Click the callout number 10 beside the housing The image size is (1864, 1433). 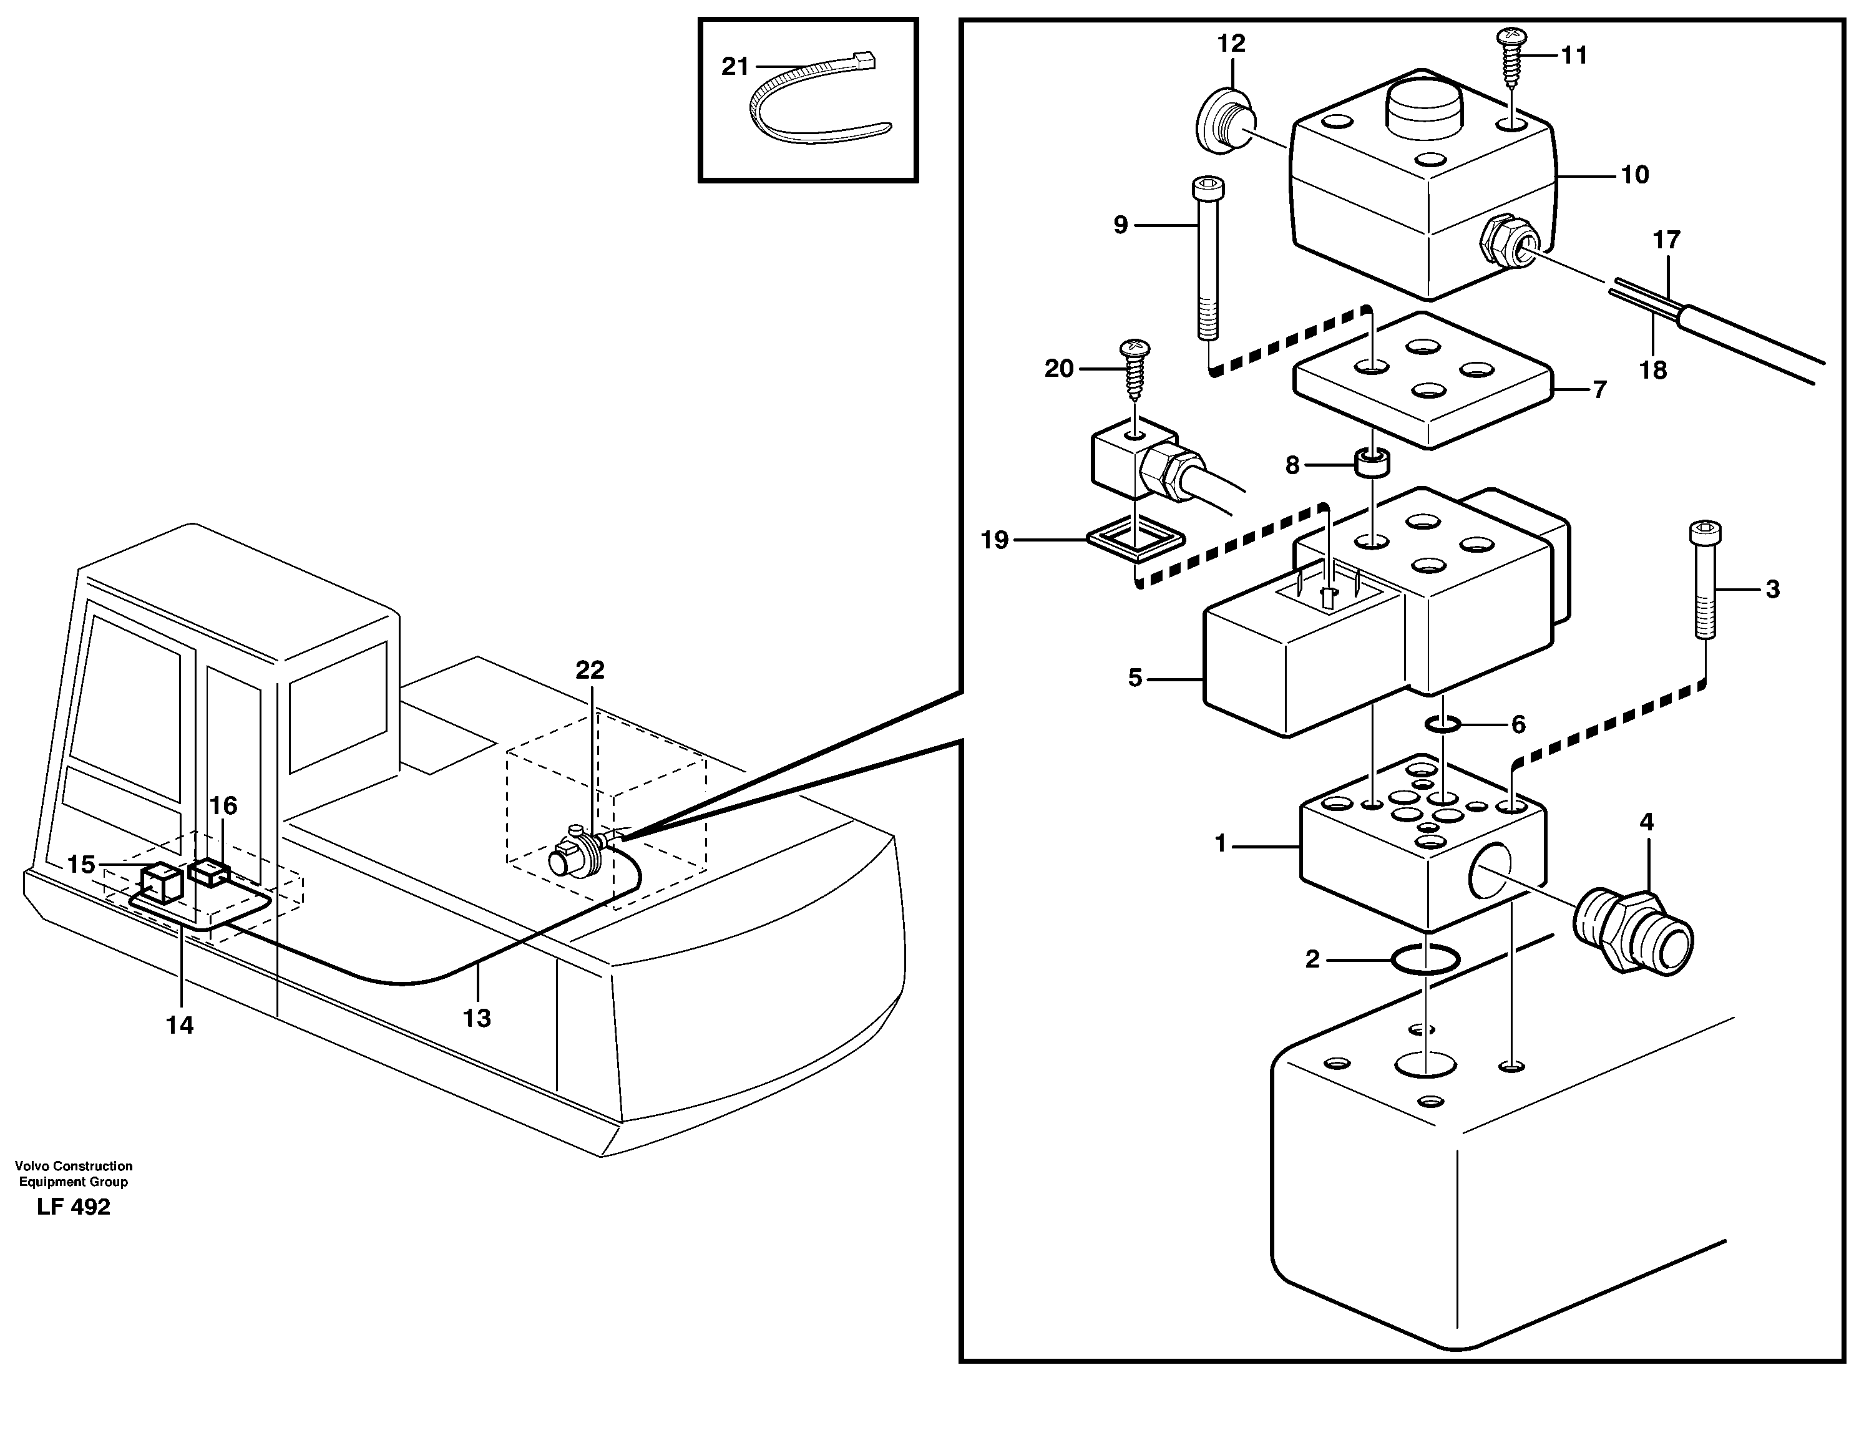1634,175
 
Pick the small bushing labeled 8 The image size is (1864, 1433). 1372,465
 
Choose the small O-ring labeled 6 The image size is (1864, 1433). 1443,725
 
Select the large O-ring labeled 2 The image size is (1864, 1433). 1425,959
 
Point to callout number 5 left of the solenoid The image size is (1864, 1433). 1135,678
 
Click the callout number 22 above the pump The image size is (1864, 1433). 590,671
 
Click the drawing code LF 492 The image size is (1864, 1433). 74,1207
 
